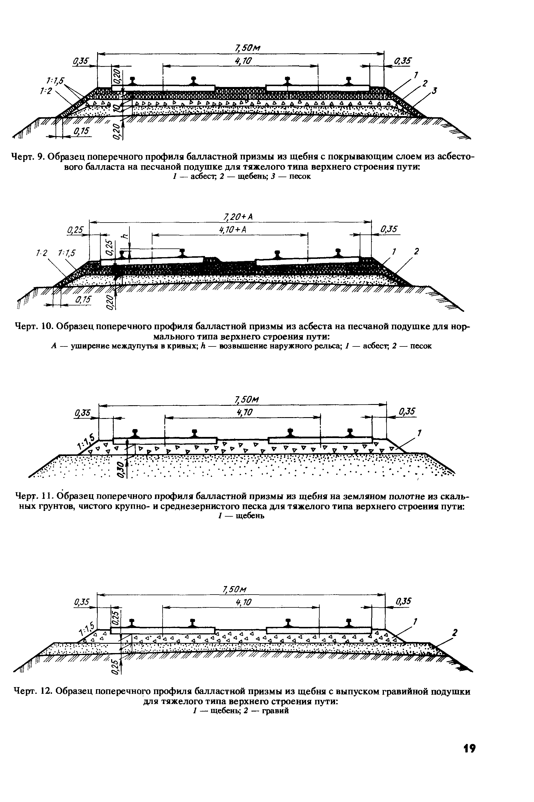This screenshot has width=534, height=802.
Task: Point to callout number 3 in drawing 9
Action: click(434, 90)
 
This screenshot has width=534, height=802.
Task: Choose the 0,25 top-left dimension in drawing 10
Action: click(76, 230)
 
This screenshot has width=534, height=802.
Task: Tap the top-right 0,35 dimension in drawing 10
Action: click(389, 230)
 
